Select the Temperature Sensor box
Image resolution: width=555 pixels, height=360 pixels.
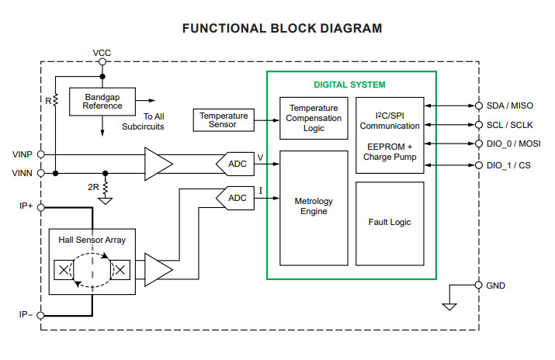tap(223, 119)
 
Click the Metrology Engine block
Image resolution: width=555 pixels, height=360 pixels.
tap(313, 206)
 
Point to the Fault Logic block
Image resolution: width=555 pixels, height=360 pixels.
tap(390, 222)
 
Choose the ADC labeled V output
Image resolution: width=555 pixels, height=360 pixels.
tap(233, 163)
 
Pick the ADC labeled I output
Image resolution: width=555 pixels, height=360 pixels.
tap(233, 199)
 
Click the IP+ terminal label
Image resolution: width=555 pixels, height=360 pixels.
tap(24, 207)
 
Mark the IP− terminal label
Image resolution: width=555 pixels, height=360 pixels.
tap(24, 314)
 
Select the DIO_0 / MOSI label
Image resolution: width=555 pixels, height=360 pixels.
tap(514, 144)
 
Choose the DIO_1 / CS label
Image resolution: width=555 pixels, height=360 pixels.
tap(509, 164)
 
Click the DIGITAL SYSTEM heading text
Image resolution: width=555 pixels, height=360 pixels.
tap(349, 85)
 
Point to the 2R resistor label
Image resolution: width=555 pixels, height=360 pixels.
tap(92, 187)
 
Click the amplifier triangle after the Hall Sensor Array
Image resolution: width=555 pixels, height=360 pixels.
tap(158, 269)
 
